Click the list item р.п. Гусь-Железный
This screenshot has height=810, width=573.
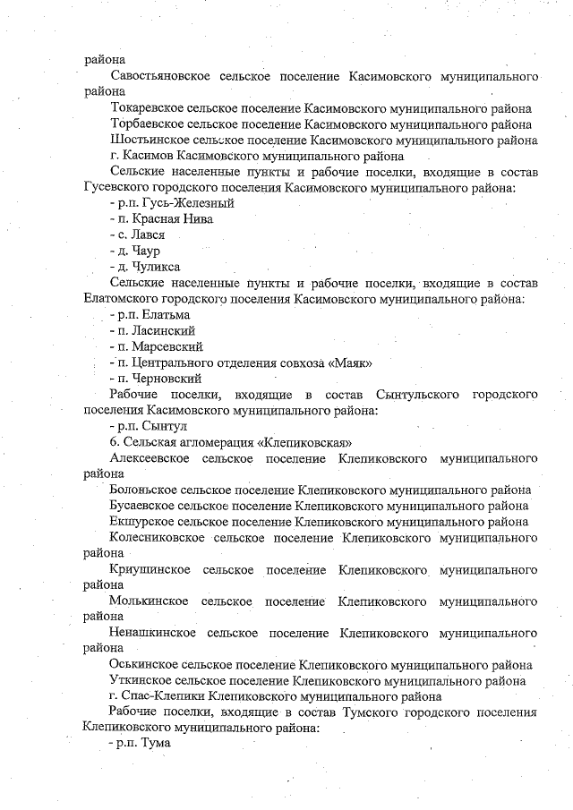[x=158, y=203]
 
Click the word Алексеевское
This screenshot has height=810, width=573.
[x=148, y=458]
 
